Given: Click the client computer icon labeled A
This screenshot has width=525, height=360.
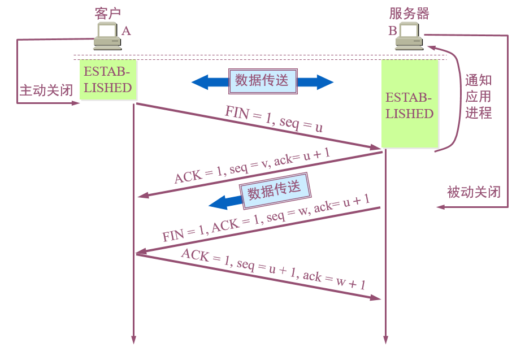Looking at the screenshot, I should pos(107,36).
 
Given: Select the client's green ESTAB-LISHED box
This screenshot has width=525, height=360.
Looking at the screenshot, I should pos(107,80).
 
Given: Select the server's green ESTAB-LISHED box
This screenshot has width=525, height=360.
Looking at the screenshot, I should pos(410,105).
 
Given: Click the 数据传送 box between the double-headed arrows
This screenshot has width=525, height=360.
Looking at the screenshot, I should pos(262,81).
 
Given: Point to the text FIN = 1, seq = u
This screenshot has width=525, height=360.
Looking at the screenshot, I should pos(274,119).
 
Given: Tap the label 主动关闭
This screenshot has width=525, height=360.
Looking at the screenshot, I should pos(46,90).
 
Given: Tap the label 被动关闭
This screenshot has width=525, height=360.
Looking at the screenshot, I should pos(474,192).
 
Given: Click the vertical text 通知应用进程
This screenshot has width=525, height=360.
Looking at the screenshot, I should pos(478,97).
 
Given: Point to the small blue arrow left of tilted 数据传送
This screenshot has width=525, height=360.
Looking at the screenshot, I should pos(220,202).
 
